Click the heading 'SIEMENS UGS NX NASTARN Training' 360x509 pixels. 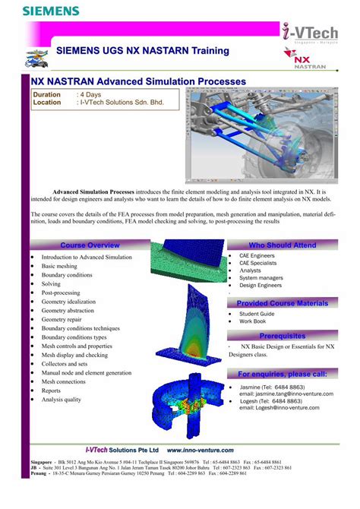143,51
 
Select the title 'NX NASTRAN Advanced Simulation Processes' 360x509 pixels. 137,81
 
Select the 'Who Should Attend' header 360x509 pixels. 282,245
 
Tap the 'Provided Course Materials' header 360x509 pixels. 282,303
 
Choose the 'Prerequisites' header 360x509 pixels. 282,336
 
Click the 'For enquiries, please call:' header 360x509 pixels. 282,375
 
